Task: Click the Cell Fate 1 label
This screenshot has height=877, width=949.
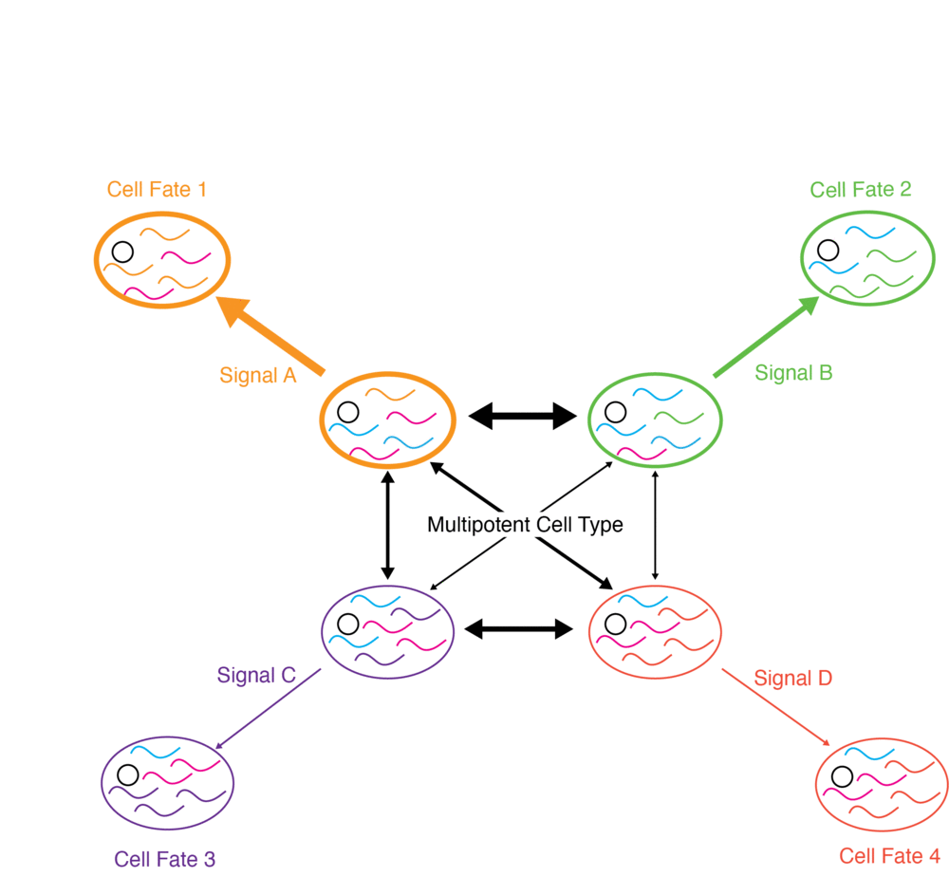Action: (157, 189)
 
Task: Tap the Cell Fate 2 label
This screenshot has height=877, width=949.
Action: (861, 189)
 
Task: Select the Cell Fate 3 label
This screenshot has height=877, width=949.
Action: (165, 859)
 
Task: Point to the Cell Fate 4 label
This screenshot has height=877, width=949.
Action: (890, 855)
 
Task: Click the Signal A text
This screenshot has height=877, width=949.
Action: (257, 375)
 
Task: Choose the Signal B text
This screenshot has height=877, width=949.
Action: (793, 373)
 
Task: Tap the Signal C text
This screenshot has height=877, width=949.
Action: (256, 676)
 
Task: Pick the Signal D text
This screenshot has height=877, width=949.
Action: (792, 678)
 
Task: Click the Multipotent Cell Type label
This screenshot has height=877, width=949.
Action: (525, 524)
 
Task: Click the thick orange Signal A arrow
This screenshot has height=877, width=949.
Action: (275, 337)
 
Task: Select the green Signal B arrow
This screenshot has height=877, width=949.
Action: (765, 338)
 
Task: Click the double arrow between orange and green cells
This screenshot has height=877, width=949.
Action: (523, 414)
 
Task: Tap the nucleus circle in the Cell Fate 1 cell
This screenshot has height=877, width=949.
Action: (121, 252)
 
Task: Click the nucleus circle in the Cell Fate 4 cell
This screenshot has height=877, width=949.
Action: (842, 776)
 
